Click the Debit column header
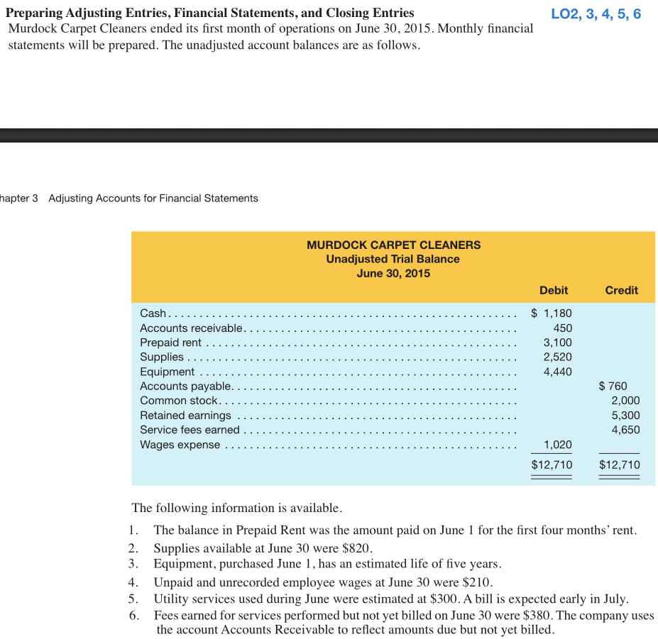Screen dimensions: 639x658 pyautogui.click(x=554, y=290)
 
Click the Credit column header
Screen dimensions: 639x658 pyautogui.click(x=621, y=290)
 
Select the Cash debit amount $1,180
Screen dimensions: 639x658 pyautogui.click(x=552, y=313)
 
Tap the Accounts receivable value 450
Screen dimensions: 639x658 pyautogui.click(x=562, y=328)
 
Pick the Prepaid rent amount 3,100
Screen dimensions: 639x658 pyautogui.click(x=557, y=343)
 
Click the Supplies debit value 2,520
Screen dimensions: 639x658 pyautogui.click(x=557, y=357)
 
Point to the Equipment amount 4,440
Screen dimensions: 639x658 pyautogui.click(x=557, y=372)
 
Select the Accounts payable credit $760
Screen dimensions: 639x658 pyautogui.click(x=613, y=386)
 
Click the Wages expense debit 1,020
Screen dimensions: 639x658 pyautogui.click(x=557, y=445)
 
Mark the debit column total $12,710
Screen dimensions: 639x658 pyautogui.click(x=552, y=465)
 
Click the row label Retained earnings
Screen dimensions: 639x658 pyautogui.click(x=185, y=415)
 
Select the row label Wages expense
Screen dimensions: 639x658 pyautogui.click(x=180, y=445)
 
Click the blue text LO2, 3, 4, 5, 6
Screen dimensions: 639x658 pyautogui.click(x=596, y=14)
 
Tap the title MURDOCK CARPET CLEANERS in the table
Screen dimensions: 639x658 pyautogui.click(x=393, y=245)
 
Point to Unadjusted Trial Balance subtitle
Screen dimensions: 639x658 pyautogui.click(x=393, y=259)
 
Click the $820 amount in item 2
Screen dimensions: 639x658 pyautogui.click(x=357, y=548)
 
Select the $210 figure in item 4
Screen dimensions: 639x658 pyautogui.click(x=478, y=582)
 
